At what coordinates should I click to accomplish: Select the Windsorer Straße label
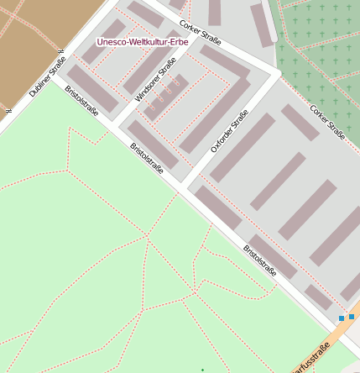(156, 80)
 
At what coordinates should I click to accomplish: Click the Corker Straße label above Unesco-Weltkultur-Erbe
(201, 32)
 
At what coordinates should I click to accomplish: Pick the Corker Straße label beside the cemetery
(327, 122)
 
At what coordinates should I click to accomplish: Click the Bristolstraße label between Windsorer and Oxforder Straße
(147, 158)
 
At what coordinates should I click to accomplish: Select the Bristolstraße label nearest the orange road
(260, 260)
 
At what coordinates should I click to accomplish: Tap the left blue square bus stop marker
(342, 318)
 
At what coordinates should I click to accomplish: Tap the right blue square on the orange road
(352, 318)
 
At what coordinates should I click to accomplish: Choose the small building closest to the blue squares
(319, 297)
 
